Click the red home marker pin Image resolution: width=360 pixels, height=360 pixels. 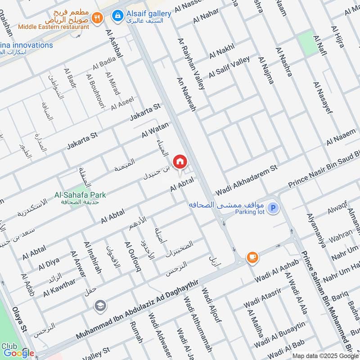click(x=180, y=162)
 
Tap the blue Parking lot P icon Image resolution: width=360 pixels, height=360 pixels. click(x=272, y=208)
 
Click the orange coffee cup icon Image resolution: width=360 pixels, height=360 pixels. click(x=252, y=257)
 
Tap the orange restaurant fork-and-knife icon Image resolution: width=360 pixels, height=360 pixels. click(x=97, y=18)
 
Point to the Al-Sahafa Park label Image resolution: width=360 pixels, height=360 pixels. click(x=80, y=195)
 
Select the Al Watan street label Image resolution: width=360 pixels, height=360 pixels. click(x=155, y=130)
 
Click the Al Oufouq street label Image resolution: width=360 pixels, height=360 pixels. click(x=133, y=257)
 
